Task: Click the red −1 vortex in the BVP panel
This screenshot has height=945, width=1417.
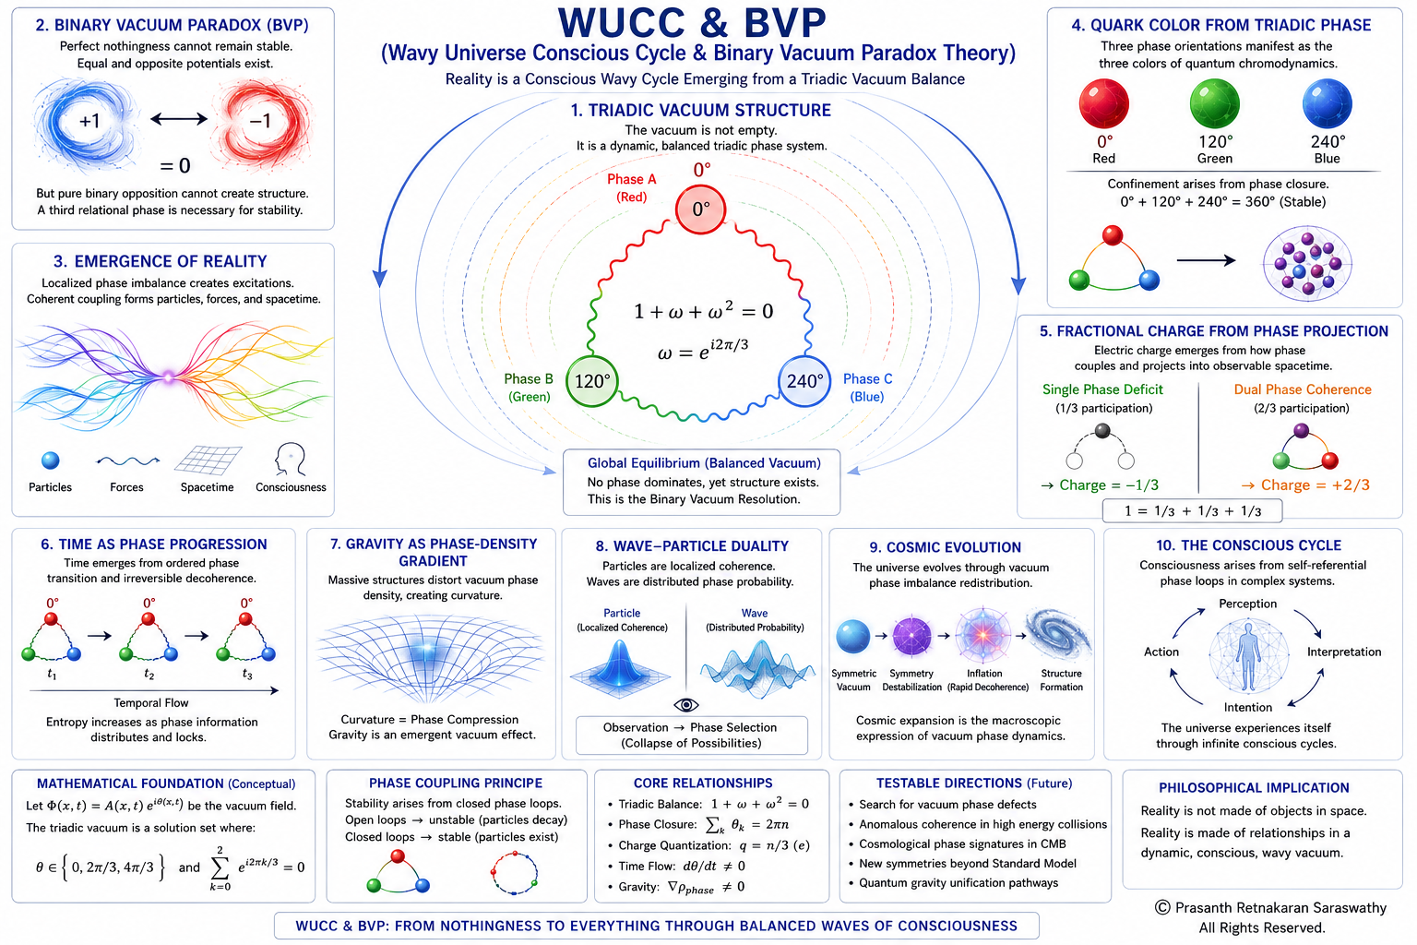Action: [261, 120]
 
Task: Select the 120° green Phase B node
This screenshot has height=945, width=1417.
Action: [591, 381]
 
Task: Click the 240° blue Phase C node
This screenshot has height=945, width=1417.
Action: [804, 381]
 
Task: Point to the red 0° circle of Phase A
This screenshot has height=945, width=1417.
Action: [700, 209]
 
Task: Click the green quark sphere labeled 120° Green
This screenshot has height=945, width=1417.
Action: [1214, 103]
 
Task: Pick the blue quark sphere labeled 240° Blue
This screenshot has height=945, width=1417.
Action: [1328, 103]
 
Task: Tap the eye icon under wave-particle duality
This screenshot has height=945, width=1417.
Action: [686, 704]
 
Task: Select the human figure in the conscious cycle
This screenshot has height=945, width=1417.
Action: [1248, 656]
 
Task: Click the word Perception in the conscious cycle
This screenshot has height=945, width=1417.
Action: [1247, 604]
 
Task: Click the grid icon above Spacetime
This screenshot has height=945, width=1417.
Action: [208, 461]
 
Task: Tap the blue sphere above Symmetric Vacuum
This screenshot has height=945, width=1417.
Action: [852, 636]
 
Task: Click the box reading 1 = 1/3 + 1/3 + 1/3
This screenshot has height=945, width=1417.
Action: [1193, 510]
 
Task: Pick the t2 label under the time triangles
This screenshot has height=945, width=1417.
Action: [149, 675]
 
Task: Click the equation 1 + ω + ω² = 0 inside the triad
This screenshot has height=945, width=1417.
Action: [704, 311]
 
